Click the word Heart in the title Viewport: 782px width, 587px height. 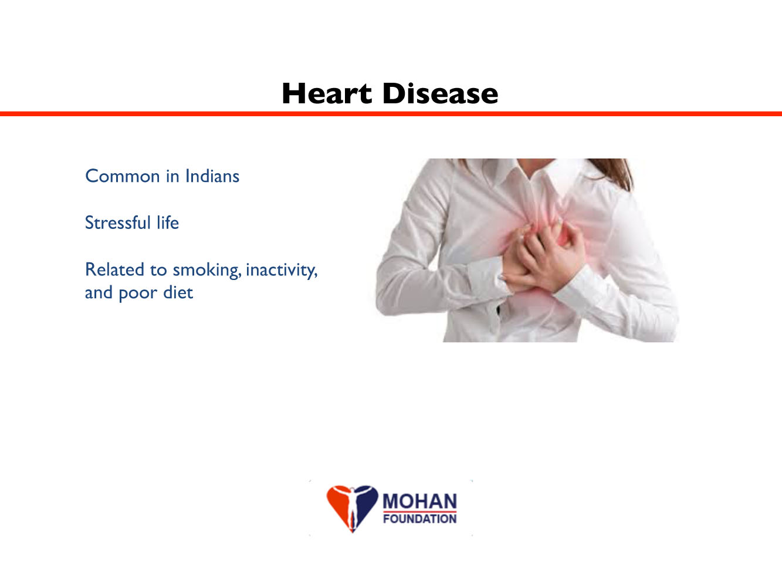(327, 93)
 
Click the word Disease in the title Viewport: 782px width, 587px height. (440, 93)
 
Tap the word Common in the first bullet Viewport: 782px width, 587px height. (122, 176)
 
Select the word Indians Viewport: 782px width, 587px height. (212, 176)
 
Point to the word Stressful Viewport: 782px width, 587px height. (117, 222)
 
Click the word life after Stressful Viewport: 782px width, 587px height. (168, 222)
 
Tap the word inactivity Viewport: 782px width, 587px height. (282, 271)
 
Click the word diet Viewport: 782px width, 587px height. (178, 292)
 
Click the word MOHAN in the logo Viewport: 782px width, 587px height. (419, 501)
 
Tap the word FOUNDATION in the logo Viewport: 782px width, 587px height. (419, 518)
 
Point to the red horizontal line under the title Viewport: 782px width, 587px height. (391, 114)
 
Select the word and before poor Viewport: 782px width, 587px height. (99, 292)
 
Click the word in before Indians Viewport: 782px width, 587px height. (172, 176)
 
